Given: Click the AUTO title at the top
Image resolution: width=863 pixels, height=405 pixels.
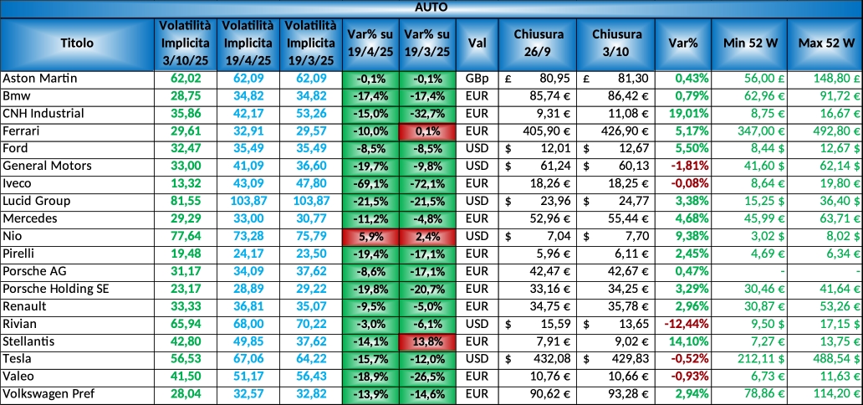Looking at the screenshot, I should click(x=431, y=7).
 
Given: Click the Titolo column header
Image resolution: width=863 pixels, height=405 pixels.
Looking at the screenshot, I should click(x=77, y=43).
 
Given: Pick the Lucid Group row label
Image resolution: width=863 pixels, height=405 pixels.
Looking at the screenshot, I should click(x=37, y=201).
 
